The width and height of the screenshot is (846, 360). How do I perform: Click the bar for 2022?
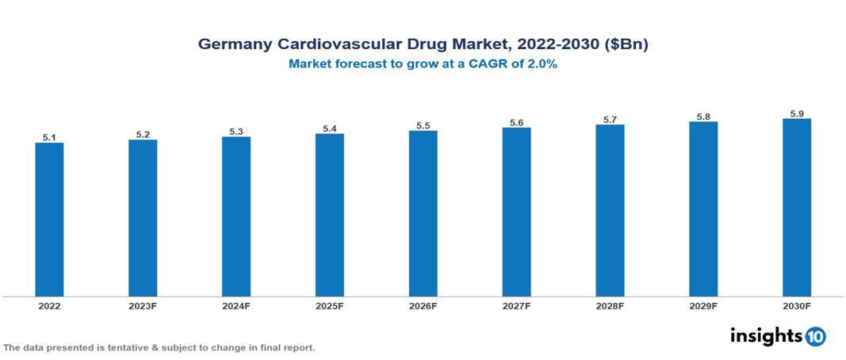tap(49, 220)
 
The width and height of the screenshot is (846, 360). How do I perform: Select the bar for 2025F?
tap(329, 215)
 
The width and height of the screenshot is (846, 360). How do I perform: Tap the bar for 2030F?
tap(796, 208)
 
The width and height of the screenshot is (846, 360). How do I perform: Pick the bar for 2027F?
tap(516, 212)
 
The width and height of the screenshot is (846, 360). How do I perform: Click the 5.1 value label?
tap(49, 137)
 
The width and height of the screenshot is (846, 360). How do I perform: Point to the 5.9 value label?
tap(796, 113)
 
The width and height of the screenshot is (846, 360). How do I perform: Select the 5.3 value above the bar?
tap(236, 132)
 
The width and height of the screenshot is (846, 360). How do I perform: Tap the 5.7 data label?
tap(610, 120)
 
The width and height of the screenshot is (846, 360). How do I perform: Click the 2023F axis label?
tap(143, 305)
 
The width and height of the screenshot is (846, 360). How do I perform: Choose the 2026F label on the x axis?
tap(423, 305)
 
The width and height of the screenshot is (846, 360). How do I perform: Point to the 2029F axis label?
tap(703, 305)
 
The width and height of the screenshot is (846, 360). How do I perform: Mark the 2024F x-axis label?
tap(236, 305)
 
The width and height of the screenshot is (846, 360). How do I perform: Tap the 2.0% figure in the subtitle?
tap(541, 65)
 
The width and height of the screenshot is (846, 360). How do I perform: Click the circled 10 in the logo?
tap(815, 336)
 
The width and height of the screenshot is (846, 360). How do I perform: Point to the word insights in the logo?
tap(766, 335)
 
